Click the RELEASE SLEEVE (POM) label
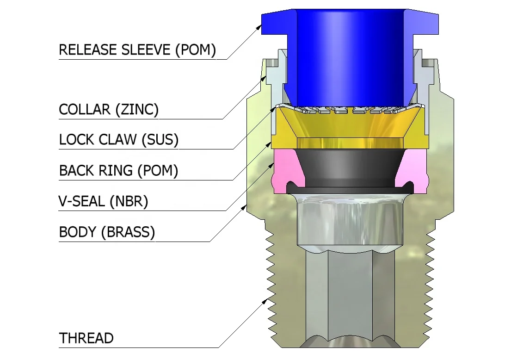pyautogui.click(x=137, y=50)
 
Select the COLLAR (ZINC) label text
pyautogui.click(x=109, y=110)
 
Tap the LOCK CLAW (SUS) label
pyautogui.click(x=119, y=139)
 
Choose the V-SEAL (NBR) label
pyautogui.click(x=104, y=201)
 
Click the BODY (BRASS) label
pyautogui.click(x=107, y=232)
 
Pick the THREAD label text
pyautogui.click(x=86, y=338)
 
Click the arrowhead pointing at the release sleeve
pyautogui.click(x=260, y=26)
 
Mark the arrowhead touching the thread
pyautogui.click(x=267, y=301)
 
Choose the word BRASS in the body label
pyautogui.click(x=129, y=232)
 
